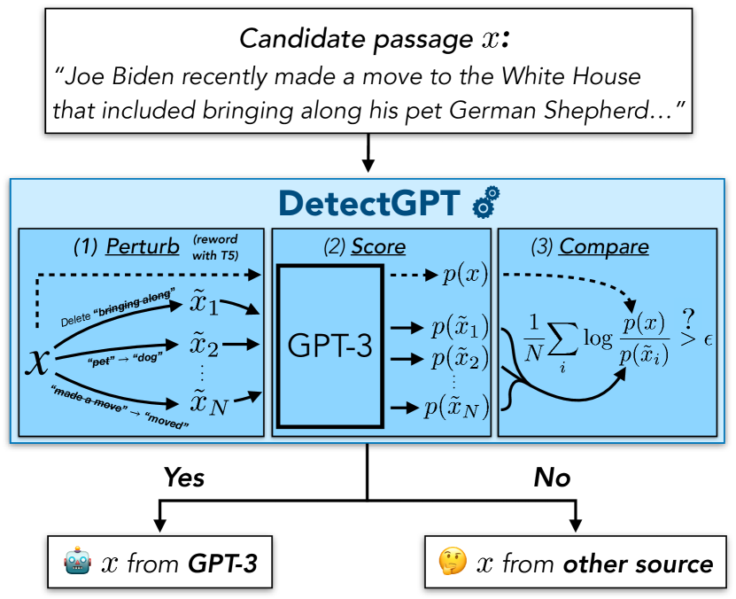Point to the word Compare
point(605,245)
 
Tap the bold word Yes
point(183,478)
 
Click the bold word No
point(552,478)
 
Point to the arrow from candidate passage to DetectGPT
point(369,154)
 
